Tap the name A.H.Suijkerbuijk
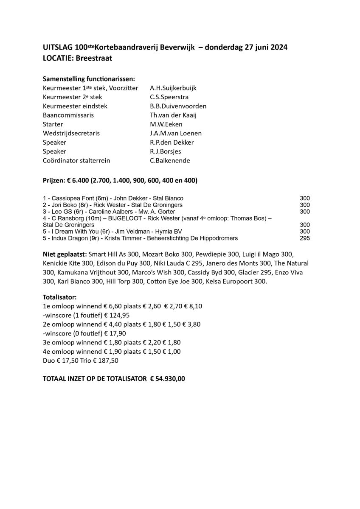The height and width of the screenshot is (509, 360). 173,88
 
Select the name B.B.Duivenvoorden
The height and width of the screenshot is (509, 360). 178,106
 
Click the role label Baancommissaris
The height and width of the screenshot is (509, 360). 68,115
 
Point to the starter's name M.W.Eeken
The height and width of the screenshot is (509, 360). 166,124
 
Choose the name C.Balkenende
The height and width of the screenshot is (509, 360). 170,160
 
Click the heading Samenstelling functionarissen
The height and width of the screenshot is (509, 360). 89,79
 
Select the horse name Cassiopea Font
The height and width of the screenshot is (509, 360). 68,199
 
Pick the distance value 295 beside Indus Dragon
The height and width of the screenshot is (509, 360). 305,238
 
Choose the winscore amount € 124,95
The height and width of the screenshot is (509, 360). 114,315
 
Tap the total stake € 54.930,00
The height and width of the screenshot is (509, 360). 168,378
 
